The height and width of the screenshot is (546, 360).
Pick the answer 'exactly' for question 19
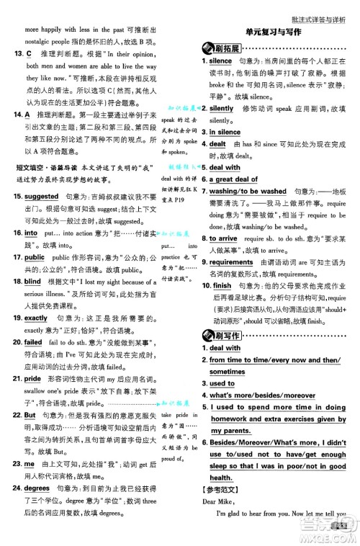pyautogui.click(x=36, y=318)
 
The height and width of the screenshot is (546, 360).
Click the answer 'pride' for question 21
pyautogui.click(x=32, y=378)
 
